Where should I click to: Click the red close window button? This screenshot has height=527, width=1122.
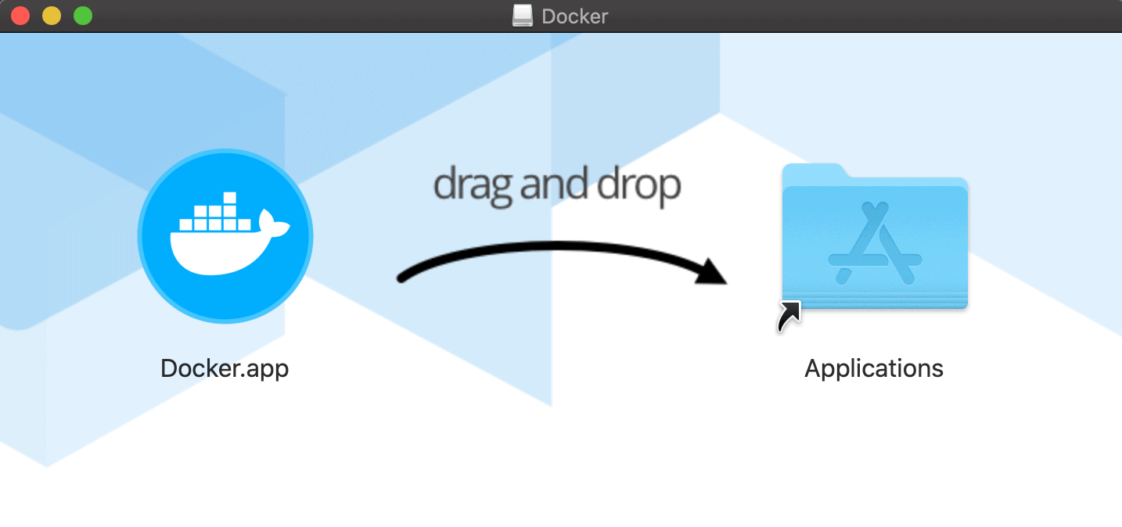point(20,16)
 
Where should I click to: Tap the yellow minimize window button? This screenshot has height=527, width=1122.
point(52,16)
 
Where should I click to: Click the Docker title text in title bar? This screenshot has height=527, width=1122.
point(574,16)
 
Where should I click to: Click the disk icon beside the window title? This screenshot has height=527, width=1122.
point(523,16)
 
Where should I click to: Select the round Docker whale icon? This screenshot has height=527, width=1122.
point(225,236)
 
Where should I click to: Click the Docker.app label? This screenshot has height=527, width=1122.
point(225,368)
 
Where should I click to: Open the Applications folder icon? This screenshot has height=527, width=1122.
point(875,238)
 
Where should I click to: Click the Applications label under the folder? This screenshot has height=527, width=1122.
point(874,368)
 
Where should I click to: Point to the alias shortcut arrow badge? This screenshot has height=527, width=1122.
point(789,316)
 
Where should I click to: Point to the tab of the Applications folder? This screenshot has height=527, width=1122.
point(814,172)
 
